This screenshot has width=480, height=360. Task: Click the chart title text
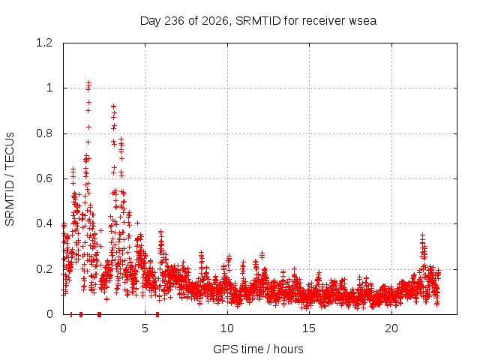(258, 21)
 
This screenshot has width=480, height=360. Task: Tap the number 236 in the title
(174, 21)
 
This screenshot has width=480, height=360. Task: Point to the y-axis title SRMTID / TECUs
(10, 179)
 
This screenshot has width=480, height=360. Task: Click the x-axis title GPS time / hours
(258, 349)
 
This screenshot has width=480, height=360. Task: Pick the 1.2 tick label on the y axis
(44, 43)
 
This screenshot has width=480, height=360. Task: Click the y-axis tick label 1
(49, 88)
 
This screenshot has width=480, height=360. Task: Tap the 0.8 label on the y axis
(44, 133)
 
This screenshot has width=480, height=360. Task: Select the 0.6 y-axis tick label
(44, 178)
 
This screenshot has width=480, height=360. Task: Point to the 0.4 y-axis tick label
(44, 223)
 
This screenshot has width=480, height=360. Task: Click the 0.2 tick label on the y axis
(44, 269)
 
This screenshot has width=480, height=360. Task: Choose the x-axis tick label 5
(145, 328)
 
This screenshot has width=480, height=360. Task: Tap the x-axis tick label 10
(227, 328)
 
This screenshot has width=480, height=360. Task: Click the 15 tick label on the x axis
(309, 328)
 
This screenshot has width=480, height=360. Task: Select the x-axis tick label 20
(391, 328)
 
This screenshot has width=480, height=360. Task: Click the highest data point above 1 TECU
(88, 82)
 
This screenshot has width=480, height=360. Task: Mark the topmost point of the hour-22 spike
(423, 235)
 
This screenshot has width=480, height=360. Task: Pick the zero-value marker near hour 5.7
(157, 314)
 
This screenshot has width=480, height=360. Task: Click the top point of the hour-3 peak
(113, 106)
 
